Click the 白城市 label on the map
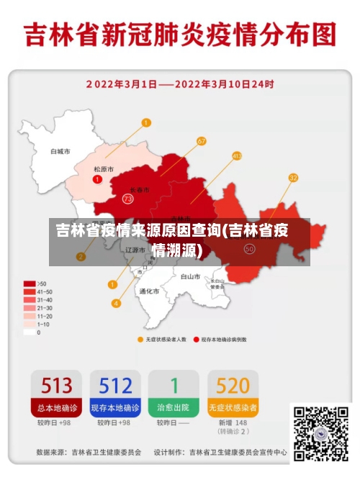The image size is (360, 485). coord(60,152)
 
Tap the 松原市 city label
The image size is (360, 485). coord(104,169)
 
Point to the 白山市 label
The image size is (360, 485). coord(190,276)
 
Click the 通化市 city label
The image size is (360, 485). coord(149,291)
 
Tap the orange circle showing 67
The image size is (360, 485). coord(202,141)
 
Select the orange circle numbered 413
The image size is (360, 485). coord(237,155)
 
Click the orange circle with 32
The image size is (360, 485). coord(293,178)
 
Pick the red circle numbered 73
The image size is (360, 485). coord(128,198)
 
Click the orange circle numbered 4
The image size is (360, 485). coord(116,303)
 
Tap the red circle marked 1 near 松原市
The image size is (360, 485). coord(97,178)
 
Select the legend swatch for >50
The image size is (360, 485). coord(30,284)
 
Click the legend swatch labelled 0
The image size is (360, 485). coord(30,332)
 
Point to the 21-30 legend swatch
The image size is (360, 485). coord(30,308)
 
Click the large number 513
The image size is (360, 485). coord(56,386)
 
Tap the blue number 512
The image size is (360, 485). coord(115,386)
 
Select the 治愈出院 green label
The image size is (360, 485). coord(174,408)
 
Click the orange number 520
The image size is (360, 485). coord(233,386)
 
